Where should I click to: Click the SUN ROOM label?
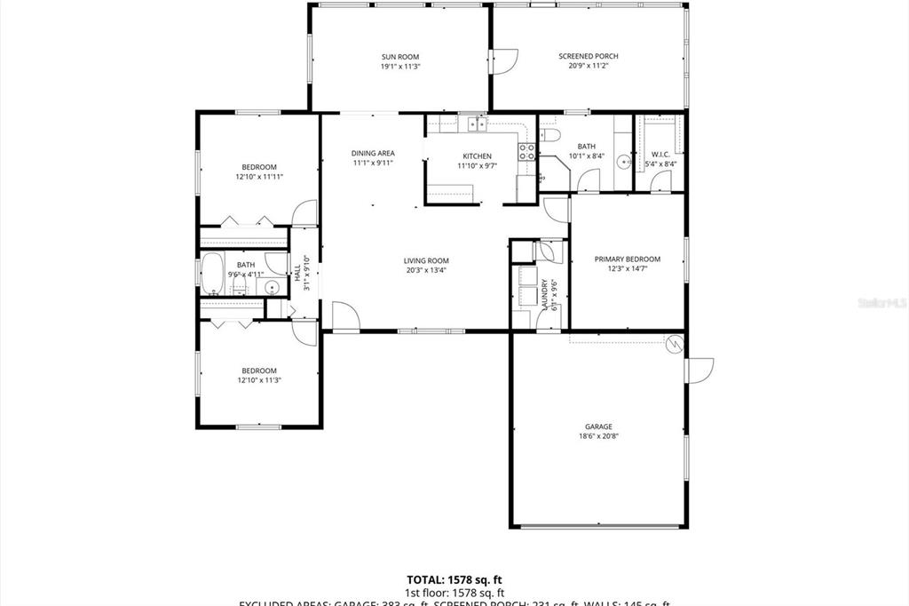tap(399, 56)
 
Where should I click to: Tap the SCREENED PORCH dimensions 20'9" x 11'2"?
tap(588, 66)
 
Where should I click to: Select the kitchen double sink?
tap(478, 124)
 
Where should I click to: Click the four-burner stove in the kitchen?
tap(527, 151)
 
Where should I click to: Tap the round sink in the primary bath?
tap(625, 162)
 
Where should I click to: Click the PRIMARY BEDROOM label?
tap(628, 259)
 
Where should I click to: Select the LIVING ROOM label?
tap(425, 260)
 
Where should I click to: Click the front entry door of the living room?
tap(344, 316)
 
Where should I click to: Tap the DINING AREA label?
tap(373, 153)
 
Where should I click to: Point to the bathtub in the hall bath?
tap(213, 273)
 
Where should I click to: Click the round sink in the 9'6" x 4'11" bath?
tap(273, 286)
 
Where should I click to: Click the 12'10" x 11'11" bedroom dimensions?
tap(259, 177)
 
